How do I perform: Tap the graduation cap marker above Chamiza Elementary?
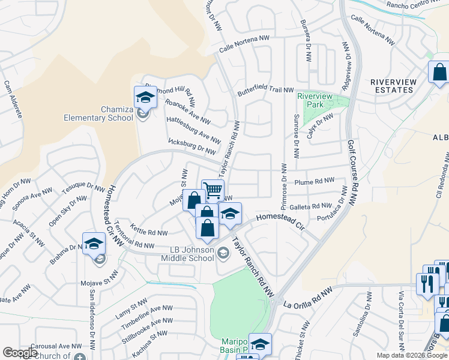tap(145, 97)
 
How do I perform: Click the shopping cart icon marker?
tap(212, 190)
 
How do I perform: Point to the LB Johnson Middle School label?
tap(187, 254)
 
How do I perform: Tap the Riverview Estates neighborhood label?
tap(391, 85)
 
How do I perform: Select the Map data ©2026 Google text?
tap(411, 355)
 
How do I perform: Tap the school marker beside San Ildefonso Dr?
tap(94, 244)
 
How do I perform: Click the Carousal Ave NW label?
tap(57, 346)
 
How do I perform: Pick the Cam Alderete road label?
tap(13, 99)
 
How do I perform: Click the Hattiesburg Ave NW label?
tap(193, 130)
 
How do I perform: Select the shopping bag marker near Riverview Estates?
tap(439, 72)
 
